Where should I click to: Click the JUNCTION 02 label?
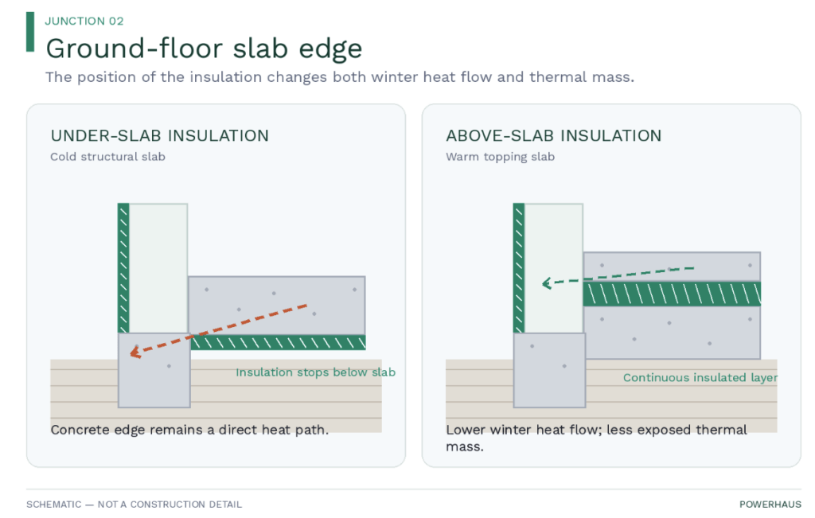[x=84, y=21]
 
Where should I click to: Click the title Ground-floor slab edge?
[x=204, y=49]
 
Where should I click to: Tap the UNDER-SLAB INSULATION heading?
[x=159, y=135]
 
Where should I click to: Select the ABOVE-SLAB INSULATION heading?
[x=554, y=135]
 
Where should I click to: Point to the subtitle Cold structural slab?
[x=107, y=157]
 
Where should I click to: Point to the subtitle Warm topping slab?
[x=500, y=157]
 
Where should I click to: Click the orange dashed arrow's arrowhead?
[x=135, y=352]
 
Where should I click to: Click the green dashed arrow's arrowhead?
[x=547, y=283]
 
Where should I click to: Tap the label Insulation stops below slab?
[x=315, y=372]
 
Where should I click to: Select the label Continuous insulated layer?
[x=700, y=378]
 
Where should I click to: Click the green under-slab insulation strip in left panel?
[x=278, y=342]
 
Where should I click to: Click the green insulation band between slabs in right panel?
[x=672, y=294]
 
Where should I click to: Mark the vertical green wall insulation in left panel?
[x=123, y=268]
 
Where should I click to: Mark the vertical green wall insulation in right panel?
[x=518, y=268]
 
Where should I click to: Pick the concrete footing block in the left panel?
[x=154, y=370]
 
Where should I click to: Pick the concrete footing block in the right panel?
[x=549, y=370]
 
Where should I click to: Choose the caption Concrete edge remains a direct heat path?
[x=189, y=430]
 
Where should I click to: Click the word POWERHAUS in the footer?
[x=770, y=504]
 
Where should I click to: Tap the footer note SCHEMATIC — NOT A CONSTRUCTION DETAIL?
[x=134, y=504]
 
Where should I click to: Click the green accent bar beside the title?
[x=30, y=32]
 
